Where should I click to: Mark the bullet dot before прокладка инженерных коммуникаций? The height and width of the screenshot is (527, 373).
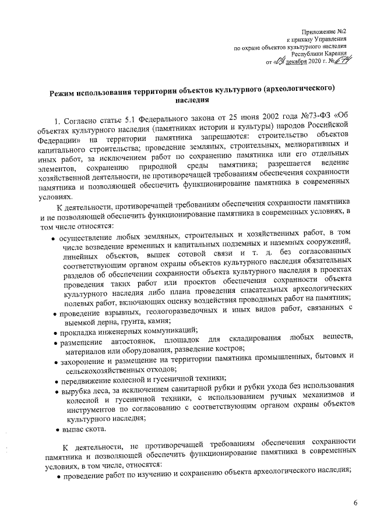point(54,333)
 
